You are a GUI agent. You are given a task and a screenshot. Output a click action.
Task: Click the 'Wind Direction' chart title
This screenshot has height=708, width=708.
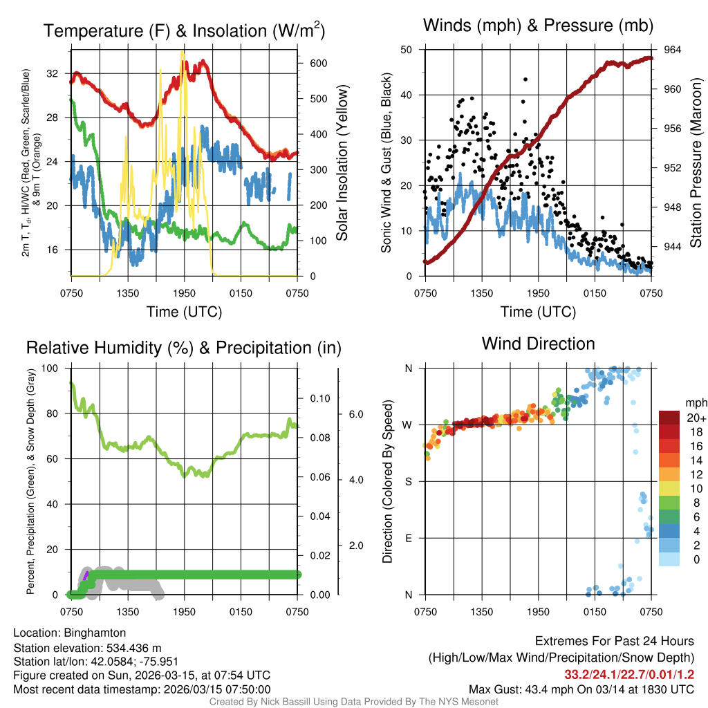click(538, 344)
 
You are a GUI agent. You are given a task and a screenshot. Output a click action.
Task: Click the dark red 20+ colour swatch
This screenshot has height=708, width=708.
click(669, 418)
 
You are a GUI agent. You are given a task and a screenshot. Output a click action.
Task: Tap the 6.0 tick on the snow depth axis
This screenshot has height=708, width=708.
click(355, 414)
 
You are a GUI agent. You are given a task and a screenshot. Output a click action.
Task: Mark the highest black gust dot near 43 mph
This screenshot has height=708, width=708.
click(525, 80)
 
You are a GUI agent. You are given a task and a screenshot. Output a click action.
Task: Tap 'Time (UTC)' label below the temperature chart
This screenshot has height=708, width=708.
click(184, 312)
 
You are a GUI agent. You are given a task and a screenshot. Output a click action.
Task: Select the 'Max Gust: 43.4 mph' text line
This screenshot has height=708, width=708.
click(581, 689)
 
